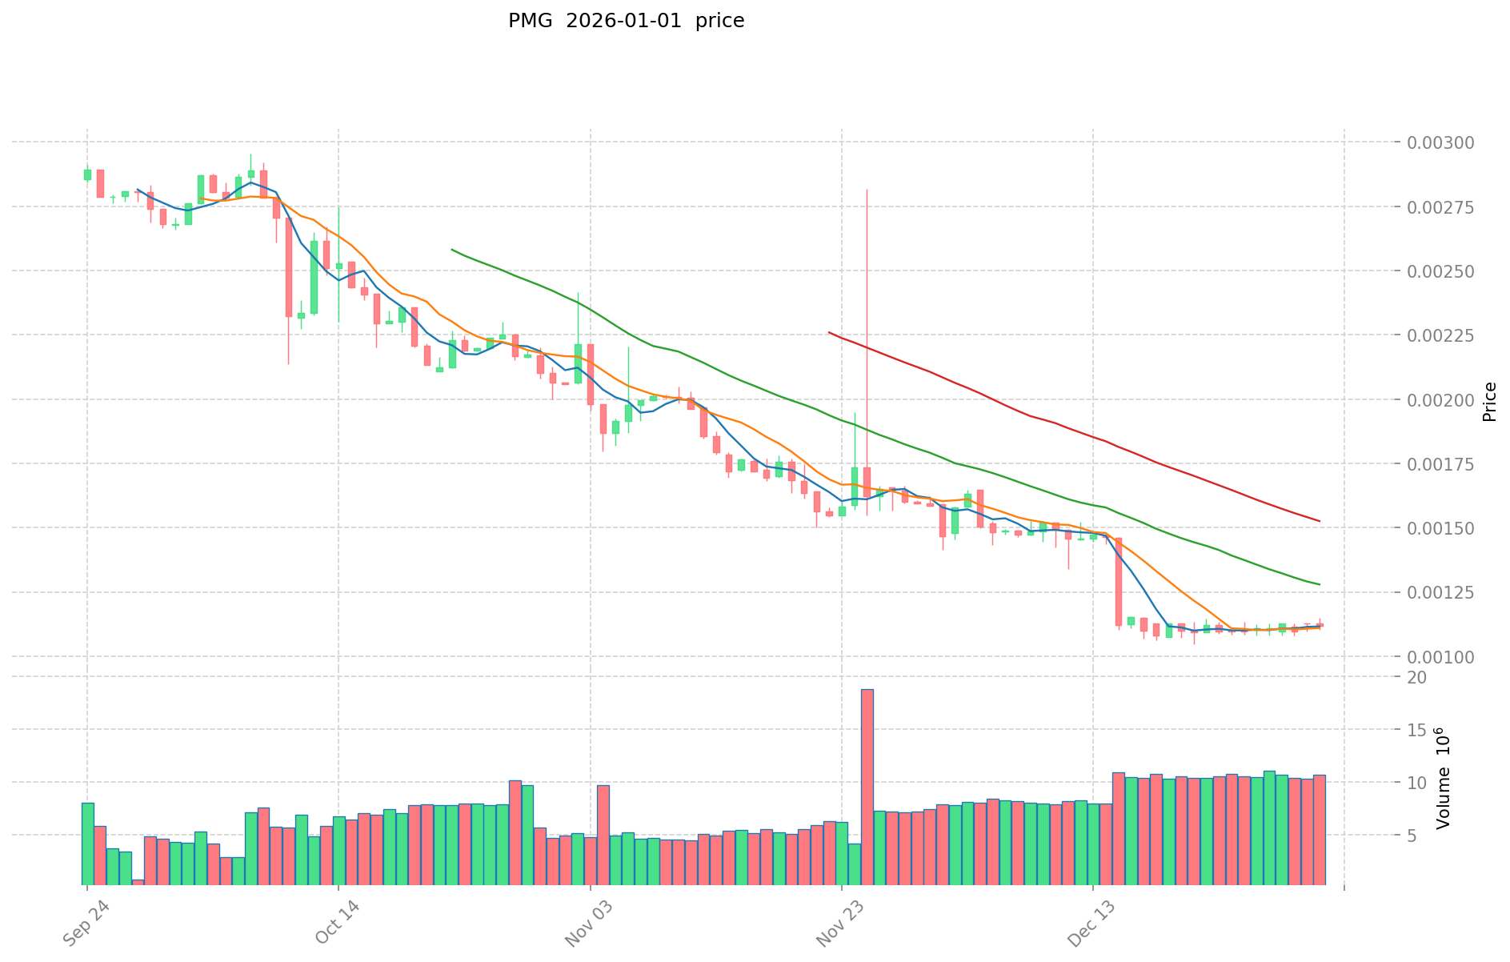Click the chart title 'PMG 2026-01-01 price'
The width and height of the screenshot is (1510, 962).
(x=626, y=21)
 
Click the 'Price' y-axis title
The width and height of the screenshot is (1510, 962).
(x=1489, y=402)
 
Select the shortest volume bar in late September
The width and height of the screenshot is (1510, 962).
(x=138, y=882)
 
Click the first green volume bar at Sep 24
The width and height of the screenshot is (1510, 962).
(x=87, y=844)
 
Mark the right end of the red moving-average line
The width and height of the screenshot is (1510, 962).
(x=1319, y=521)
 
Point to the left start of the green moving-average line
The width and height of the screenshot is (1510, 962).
(x=452, y=250)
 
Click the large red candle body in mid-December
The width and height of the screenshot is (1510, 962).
(x=1118, y=581)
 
